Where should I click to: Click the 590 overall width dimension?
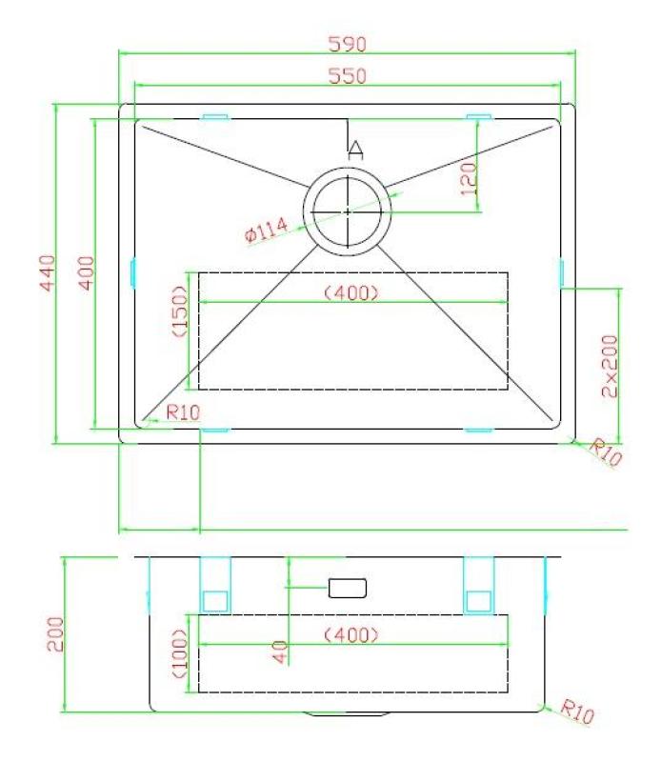(347, 44)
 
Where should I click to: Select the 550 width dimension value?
(347, 75)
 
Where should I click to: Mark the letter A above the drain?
(355, 149)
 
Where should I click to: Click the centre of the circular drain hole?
(348, 211)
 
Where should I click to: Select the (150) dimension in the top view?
(177, 311)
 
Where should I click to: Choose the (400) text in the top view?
(352, 292)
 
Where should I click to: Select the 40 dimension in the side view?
(279, 652)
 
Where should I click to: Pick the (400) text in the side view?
(352, 633)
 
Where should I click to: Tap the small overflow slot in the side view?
(348, 588)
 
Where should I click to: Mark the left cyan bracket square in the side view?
(214, 600)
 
